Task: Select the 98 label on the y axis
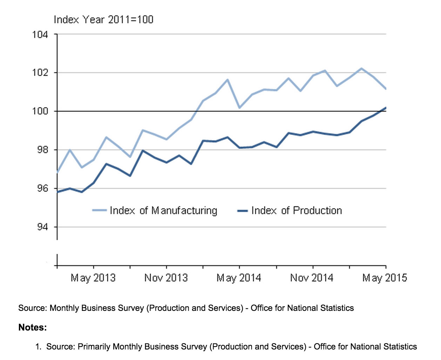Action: click(x=41, y=150)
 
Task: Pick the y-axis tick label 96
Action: click(x=41, y=188)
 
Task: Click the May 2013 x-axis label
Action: click(x=93, y=278)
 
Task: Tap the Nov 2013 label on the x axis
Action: click(x=166, y=278)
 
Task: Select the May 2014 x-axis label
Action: click(x=239, y=278)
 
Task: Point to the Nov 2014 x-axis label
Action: click(x=312, y=278)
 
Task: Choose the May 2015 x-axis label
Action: click(x=385, y=278)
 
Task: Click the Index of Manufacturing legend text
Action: click(x=163, y=211)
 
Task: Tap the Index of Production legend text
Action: click(x=297, y=211)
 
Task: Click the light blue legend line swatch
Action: click(x=99, y=211)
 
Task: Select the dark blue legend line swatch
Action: click(x=243, y=211)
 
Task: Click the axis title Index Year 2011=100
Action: click(x=103, y=19)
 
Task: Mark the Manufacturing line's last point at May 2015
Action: click(x=386, y=89)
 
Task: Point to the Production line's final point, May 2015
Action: click(x=386, y=108)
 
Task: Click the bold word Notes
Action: click(x=33, y=327)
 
